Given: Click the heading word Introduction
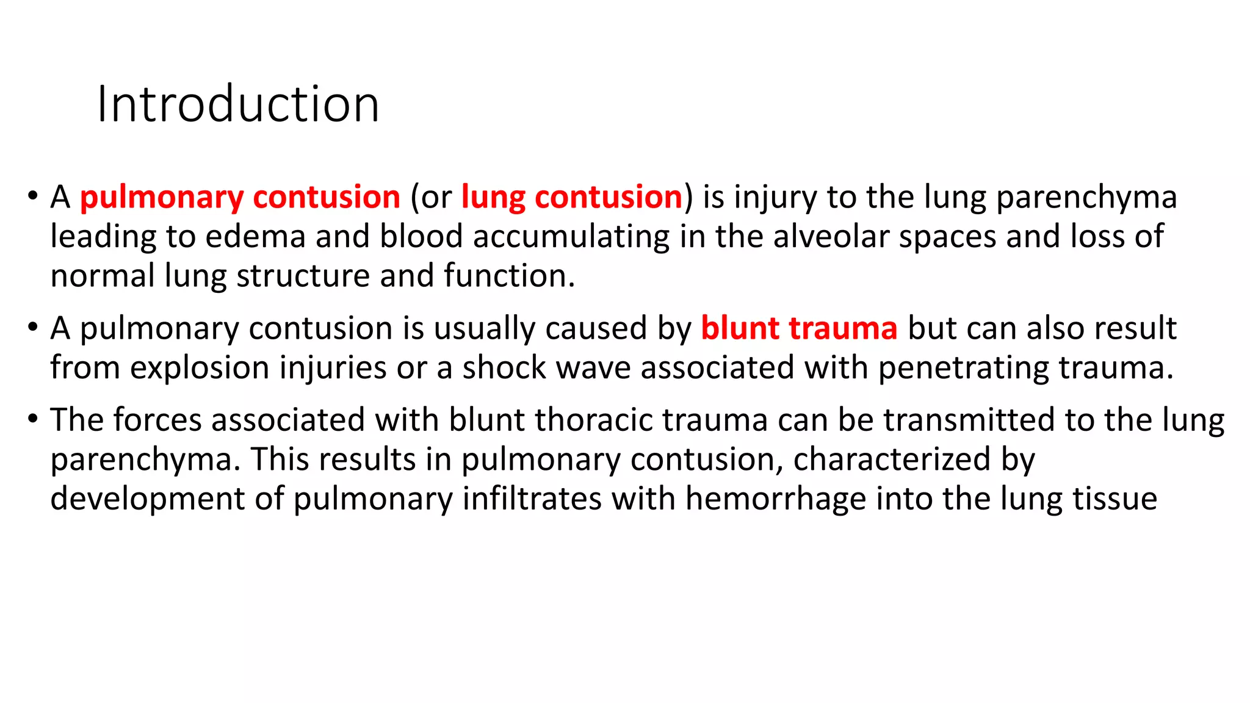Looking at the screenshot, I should point(238,104).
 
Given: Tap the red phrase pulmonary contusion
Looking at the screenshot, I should point(240,197).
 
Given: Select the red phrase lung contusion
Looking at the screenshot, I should point(571,197).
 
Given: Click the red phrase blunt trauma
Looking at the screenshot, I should point(799,328).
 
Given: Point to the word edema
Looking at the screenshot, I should point(255,237).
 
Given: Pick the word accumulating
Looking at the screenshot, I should point(571,237).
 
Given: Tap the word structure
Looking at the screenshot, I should point(303,276).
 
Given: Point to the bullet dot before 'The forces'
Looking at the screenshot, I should point(32,419).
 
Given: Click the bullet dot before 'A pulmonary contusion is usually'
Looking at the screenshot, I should point(32,327).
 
